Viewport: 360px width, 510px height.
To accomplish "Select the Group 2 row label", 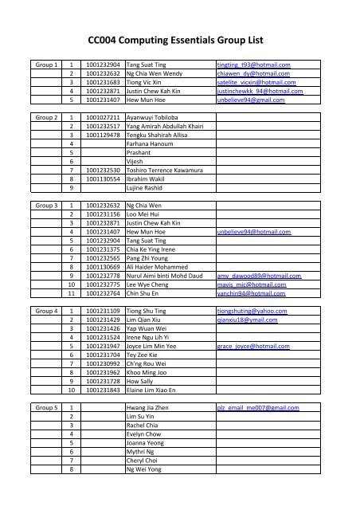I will (x=43, y=116).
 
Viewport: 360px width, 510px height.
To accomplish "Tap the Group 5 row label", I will (x=43, y=407).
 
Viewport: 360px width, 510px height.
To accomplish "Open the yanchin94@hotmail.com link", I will (x=253, y=316).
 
